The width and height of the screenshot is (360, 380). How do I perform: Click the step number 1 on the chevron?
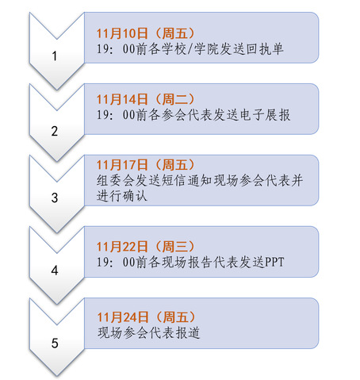tap(55, 56)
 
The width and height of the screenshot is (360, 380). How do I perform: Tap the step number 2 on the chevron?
tap(55, 131)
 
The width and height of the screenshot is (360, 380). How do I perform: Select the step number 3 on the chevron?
tap(55, 198)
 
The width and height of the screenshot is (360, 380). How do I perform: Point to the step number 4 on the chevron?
tap(55, 271)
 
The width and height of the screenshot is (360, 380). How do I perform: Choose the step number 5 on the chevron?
tap(55, 344)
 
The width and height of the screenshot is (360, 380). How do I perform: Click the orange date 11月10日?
tap(122, 33)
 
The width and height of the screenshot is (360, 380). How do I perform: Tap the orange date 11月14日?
tap(122, 99)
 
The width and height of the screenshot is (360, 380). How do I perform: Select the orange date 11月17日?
tap(122, 165)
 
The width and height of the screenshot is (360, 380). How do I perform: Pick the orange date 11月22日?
tap(122, 247)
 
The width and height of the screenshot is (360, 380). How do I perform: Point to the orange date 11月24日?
tap(123, 317)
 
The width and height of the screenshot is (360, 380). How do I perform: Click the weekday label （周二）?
tap(174, 99)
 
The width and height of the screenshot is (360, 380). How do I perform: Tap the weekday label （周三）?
tap(174, 247)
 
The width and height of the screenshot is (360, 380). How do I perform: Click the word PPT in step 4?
tap(274, 263)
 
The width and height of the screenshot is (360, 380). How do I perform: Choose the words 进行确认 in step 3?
tap(122, 196)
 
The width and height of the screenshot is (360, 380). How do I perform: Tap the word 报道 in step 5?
tap(188, 332)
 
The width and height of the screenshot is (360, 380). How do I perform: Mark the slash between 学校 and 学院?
tap(190, 49)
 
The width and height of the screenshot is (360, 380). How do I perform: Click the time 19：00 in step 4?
tap(116, 263)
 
